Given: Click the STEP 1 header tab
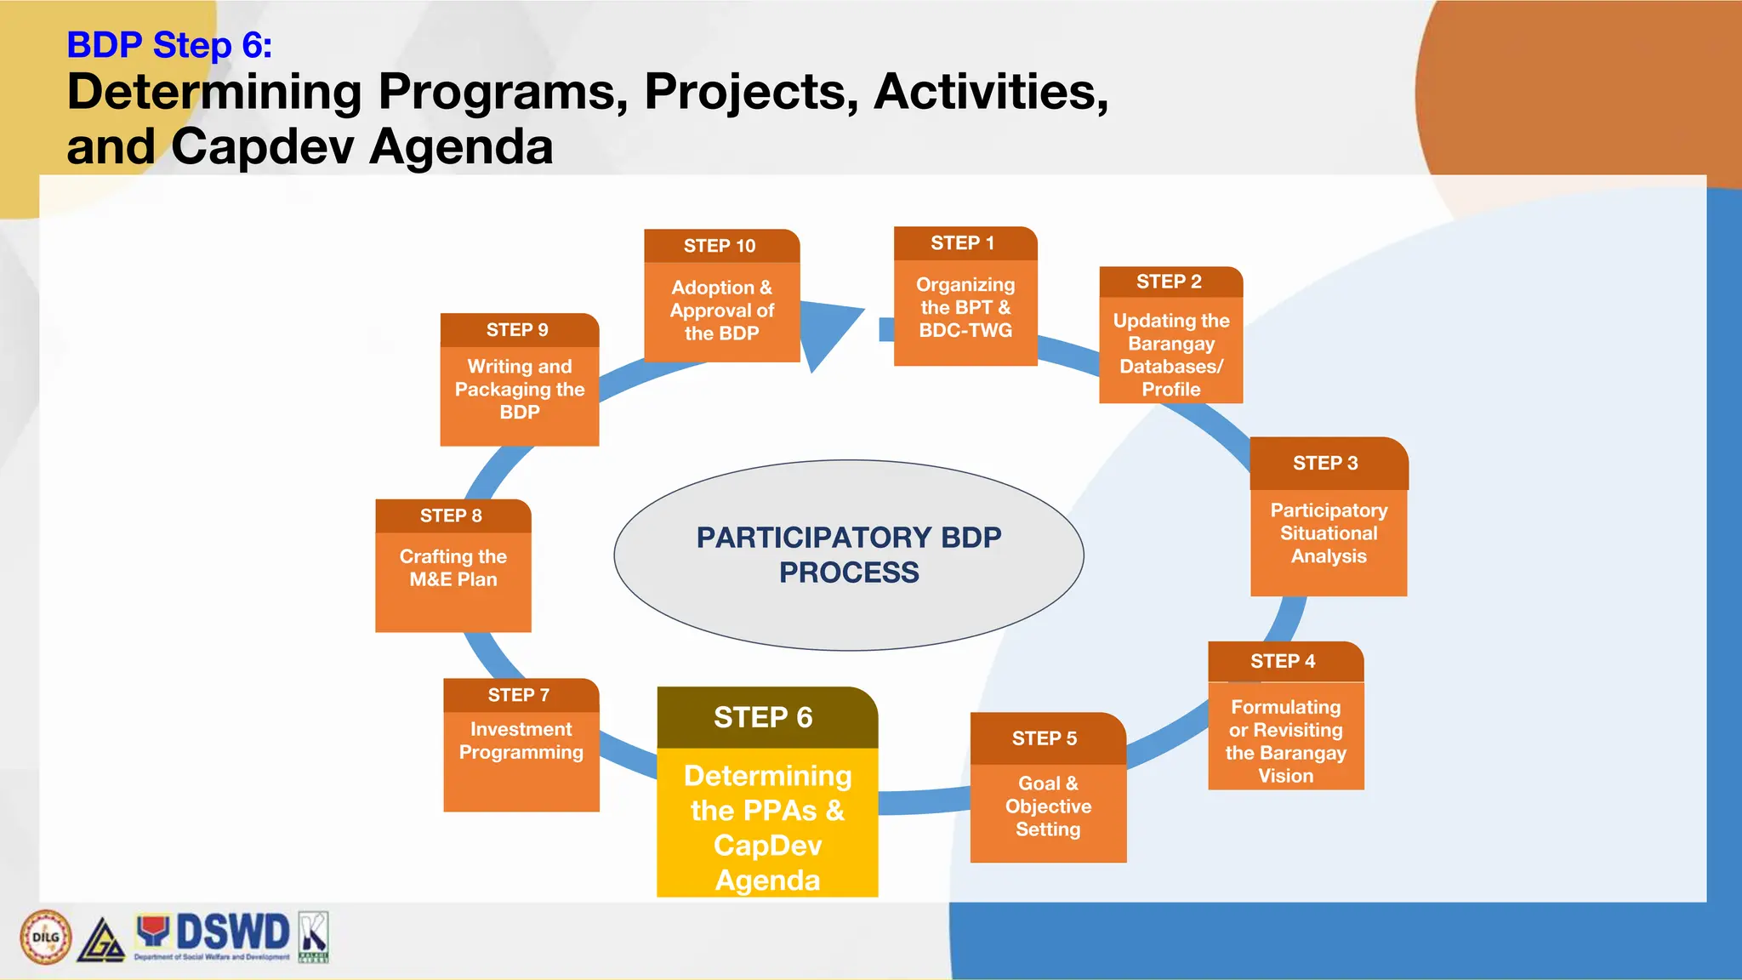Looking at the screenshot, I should pos(964,243).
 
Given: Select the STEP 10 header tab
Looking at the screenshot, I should pos(720,246).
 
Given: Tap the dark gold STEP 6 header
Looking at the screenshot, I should pos(765,717).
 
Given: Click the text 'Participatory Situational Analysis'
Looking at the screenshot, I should pos(1328,533).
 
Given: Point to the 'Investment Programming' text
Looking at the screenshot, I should pos(521,741).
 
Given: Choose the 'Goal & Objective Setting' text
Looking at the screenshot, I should pos(1048,806).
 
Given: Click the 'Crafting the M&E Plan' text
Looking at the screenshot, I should pos(453,567).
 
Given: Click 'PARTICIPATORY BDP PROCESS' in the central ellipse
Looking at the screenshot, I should pos(848,555).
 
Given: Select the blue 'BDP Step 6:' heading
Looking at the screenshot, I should pos(169,45).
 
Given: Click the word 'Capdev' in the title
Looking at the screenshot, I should pos(262,146).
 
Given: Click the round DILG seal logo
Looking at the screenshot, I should pos(46,937).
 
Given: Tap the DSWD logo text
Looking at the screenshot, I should pos(231,932).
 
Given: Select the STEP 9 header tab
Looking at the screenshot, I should pos(518,330).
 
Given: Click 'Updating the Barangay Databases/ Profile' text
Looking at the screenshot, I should pos(1170,355).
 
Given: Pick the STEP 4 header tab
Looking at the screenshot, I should pos(1284,661).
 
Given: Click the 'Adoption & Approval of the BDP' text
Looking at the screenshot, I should pos(721,311).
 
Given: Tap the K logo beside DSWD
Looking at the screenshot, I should pos(313,937).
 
